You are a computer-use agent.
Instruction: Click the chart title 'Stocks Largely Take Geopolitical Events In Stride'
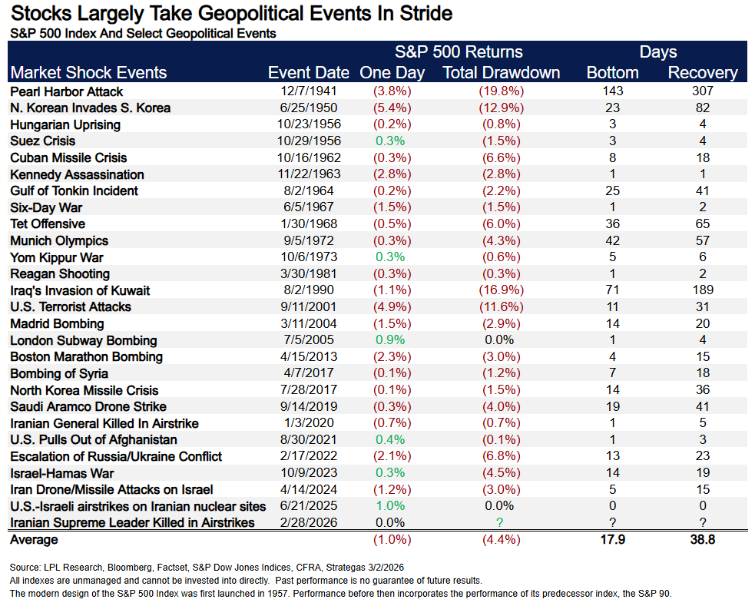coord(230,14)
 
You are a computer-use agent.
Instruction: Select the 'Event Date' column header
coord(308,73)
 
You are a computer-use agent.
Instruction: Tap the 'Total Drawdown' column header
coord(502,73)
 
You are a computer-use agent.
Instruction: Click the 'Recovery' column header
coord(702,73)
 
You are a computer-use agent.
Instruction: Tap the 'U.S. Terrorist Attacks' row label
coord(71,307)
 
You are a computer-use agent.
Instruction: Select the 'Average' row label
coord(34,541)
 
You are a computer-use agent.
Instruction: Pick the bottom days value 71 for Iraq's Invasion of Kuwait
coord(612,290)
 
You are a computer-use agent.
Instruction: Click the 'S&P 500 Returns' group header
coord(459,52)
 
